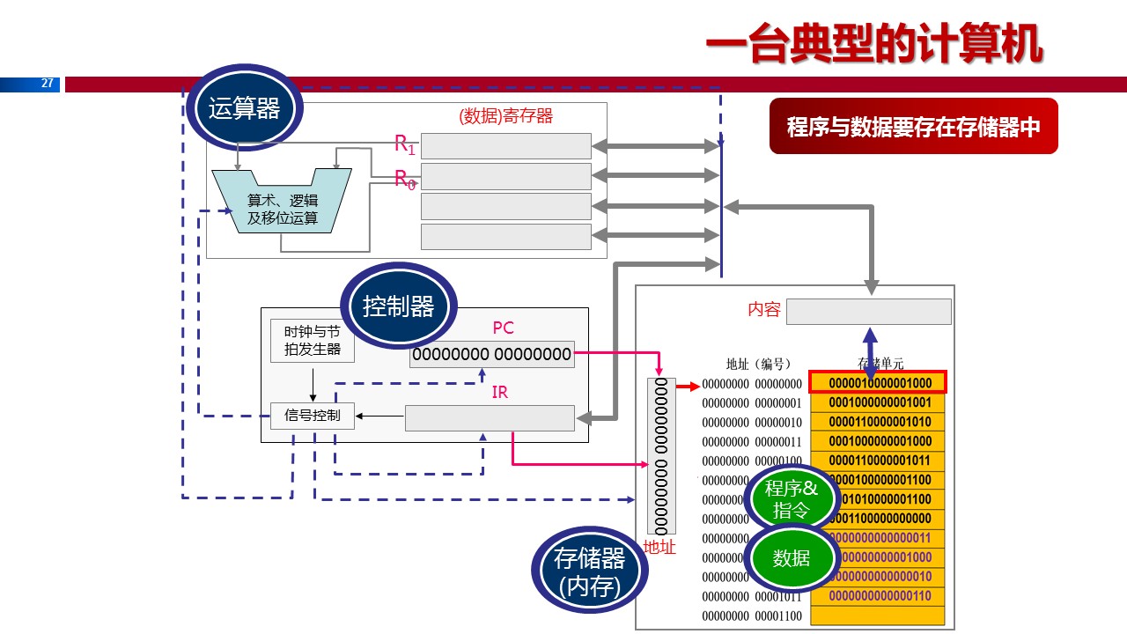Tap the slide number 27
(48, 85)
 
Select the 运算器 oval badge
(244, 109)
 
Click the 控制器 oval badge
(399, 307)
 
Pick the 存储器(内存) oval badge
(590, 571)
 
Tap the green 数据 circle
(791, 557)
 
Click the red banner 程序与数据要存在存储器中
(913, 127)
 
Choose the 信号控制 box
(312, 415)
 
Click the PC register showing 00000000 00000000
(491, 355)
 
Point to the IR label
(500, 393)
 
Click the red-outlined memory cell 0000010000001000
(878, 383)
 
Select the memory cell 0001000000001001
(878, 402)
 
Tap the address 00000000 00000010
(752, 423)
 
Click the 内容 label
(763, 311)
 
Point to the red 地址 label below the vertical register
(659, 548)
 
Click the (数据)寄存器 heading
(506, 115)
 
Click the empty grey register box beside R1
(506, 146)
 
